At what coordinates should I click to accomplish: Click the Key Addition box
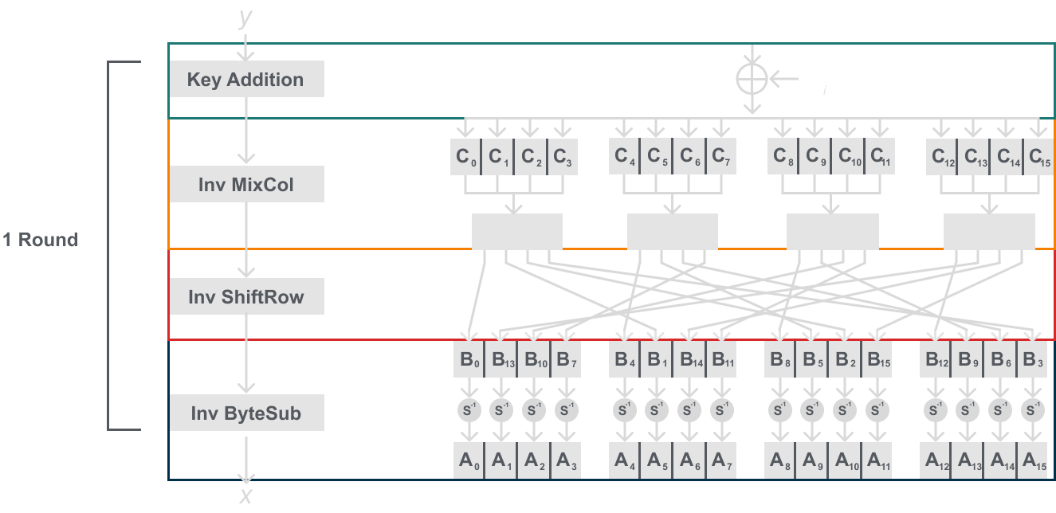pyautogui.click(x=246, y=80)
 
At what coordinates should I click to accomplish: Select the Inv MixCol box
pyautogui.click(x=246, y=185)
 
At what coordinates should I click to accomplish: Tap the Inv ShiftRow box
pyautogui.click(x=246, y=297)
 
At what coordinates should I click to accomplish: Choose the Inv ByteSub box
pyautogui.click(x=246, y=413)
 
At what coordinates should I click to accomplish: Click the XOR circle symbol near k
pyautogui.click(x=751, y=78)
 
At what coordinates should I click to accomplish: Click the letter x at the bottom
pyautogui.click(x=246, y=496)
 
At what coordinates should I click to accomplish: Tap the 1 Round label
pyautogui.click(x=40, y=239)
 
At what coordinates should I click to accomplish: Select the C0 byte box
pyautogui.click(x=467, y=157)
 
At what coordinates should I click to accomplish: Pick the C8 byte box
pyautogui.click(x=782, y=157)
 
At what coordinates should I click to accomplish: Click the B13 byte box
pyautogui.click(x=500, y=359)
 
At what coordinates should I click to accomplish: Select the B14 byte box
pyautogui.click(x=689, y=359)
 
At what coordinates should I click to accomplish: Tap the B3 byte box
pyautogui.click(x=1032, y=359)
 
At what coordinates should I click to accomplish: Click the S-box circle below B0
pyautogui.click(x=467, y=409)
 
